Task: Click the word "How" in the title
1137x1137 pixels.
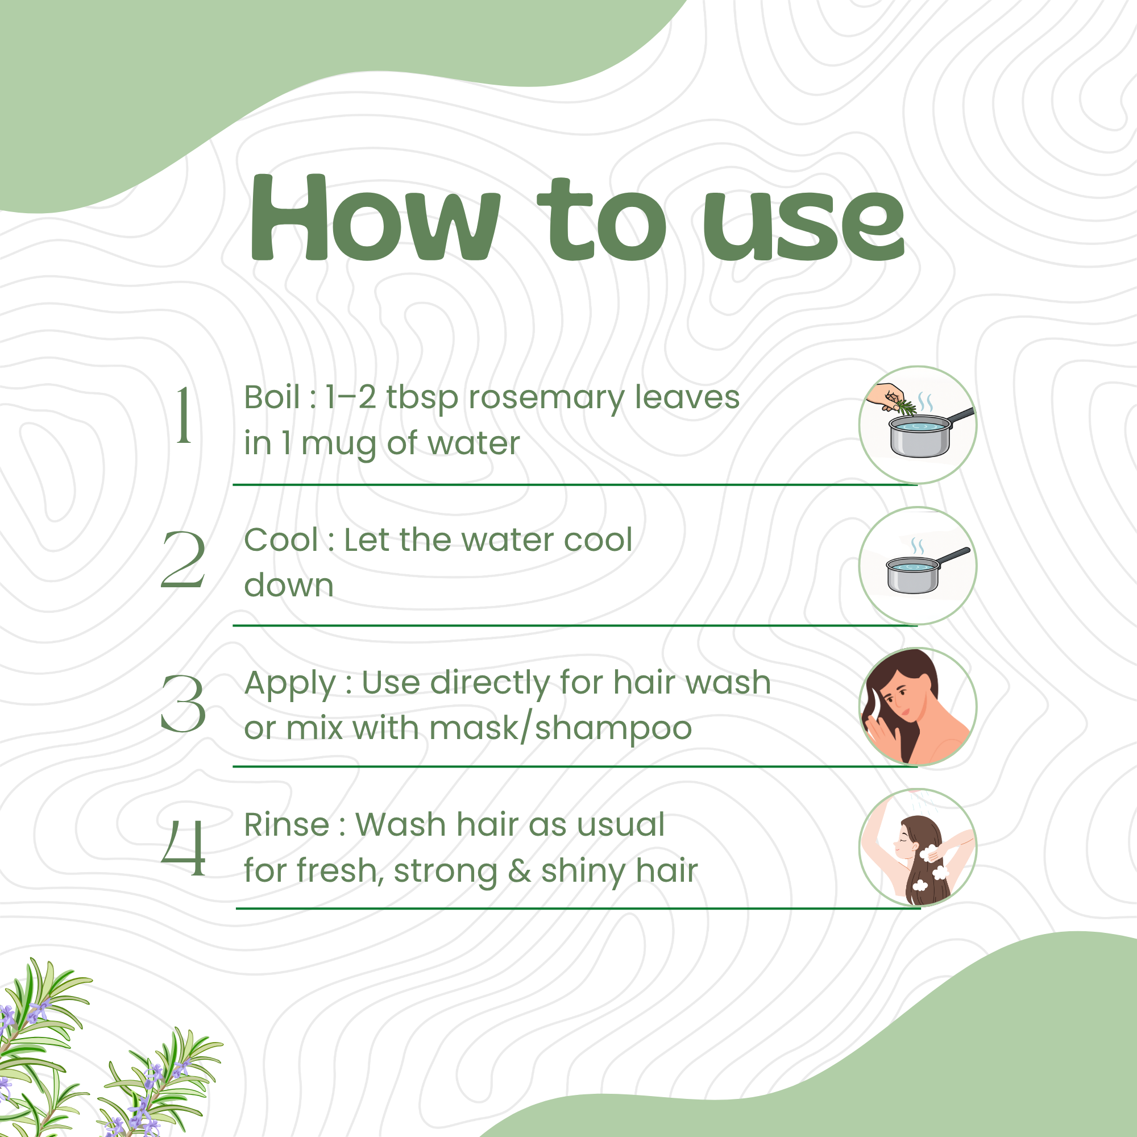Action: (x=375, y=217)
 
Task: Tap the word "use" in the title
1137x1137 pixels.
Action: (x=804, y=227)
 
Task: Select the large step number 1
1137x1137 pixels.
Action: (x=184, y=414)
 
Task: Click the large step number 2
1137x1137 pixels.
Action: (x=183, y=558)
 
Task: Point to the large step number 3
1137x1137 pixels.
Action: (x=183, y=703)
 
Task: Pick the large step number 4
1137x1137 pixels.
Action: (x=183, y=848)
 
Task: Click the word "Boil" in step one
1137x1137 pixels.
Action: (x=272, y=397)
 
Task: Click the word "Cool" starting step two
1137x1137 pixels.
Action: (x=281, y=540)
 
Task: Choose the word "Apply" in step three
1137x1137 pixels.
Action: (x=290, y=685)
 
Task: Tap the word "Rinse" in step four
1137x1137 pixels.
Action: (x=287, y=824)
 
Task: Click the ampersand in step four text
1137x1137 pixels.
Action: (x=519, y=871)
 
